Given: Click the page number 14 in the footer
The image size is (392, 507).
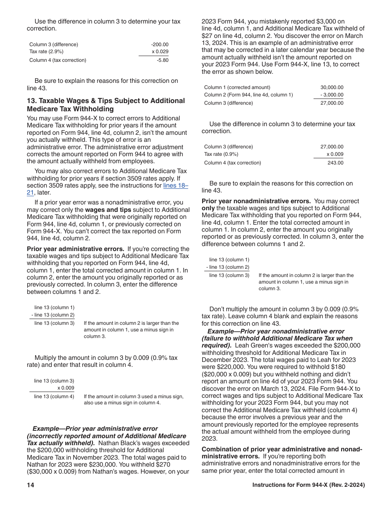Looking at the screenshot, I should point(31,485).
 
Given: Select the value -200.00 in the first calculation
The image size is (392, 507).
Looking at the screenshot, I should point(160,45).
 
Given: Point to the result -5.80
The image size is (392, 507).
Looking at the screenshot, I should point(162,60).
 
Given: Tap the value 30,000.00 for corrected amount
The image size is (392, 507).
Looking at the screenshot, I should point(332,87).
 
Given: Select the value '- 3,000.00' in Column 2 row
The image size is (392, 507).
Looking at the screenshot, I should point(332,95).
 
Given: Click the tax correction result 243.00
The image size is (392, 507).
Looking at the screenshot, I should point(335,163).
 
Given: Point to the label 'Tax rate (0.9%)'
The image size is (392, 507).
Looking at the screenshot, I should point(221,154).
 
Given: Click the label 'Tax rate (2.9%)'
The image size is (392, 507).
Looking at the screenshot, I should point(46,52).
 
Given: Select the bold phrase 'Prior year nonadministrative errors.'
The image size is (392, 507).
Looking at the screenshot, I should point(256,201).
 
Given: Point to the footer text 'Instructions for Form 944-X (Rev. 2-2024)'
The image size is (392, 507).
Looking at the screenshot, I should point(308,485).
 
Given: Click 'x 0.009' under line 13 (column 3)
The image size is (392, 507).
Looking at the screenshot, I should point(66,388).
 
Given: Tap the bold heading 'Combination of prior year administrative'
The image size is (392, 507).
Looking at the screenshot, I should point(282,449).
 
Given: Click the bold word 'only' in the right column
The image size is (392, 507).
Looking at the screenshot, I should point(208,208).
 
